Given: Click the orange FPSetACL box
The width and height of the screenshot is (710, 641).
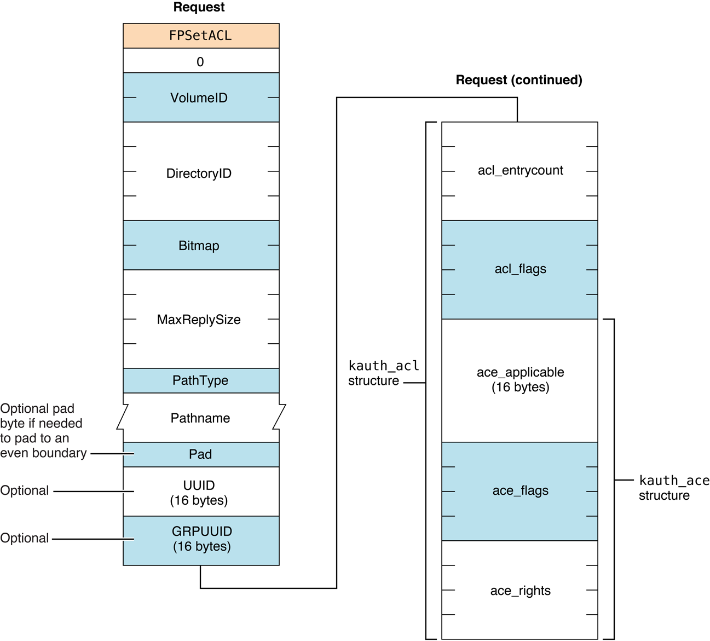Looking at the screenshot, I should pyautogui.click(x=200, y=36).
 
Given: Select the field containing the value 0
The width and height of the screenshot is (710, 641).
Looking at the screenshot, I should pyautogui.click(x=200, y=61).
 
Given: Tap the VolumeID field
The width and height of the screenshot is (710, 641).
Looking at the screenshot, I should pyautogui.click(x=200, y=97).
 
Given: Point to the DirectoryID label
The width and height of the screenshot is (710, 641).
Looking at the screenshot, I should pyautogui.click(x=199, y=174).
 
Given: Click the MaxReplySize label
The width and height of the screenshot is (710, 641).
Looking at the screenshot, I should pyautogui.click(x=199, y=320).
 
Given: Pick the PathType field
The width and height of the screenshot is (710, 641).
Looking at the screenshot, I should pyautogui.click(x=200, y=380).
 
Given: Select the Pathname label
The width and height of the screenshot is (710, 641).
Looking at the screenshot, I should pyautogui.click(x=200, y=418).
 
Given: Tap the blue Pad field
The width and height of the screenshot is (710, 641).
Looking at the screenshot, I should pyautogui.click(x=200, y=454).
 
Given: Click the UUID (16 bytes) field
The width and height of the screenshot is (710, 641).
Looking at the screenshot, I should pyautogui.click(x=199, y=492).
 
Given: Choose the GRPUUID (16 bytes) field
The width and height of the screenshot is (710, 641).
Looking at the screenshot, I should pyautogui.click(x=201, y=539).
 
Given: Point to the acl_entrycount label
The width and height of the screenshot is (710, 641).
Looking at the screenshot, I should pyautogui.click(x=520, y=170).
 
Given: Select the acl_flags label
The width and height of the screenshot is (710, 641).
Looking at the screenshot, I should pyautogui.click(x=520, y=269).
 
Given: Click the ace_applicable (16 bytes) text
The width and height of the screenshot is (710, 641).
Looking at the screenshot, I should pyautogui.click(x=520, y=379).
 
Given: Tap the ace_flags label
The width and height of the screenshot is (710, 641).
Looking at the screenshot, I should pyautogui.click(x=520, y=490).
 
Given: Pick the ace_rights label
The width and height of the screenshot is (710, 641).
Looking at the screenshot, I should pyautogui.click(x=520, y=591).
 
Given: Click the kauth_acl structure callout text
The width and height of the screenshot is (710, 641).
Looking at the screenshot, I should pyautogui.click(x=383, y=373).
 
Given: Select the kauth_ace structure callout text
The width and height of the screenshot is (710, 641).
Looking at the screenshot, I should pyautogui.click(x=673, y=488).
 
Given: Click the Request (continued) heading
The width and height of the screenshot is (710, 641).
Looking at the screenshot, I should pyautogui.click(x=518, y=80).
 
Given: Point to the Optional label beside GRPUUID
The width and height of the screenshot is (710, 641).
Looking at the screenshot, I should pyautogui.click(x=25, y=538).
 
